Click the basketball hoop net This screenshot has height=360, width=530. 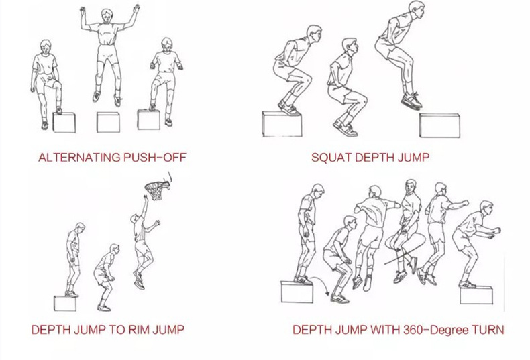point(157,191)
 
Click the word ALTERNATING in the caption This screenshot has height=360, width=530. point(79,158)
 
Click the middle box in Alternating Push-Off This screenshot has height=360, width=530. point(108,122)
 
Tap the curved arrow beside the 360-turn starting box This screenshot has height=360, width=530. point(321,286)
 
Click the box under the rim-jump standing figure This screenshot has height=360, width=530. point(65,303)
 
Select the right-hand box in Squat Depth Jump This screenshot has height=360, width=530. point(439,125)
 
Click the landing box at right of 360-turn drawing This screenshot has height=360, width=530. point(476,295)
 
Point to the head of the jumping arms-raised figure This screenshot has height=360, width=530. point(107,15)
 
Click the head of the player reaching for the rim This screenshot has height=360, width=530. point(135,219)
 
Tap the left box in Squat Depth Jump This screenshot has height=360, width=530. point(282,124)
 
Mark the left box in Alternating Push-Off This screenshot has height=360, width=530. point(64,123)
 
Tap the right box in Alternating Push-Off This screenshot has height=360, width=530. point(149,119)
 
